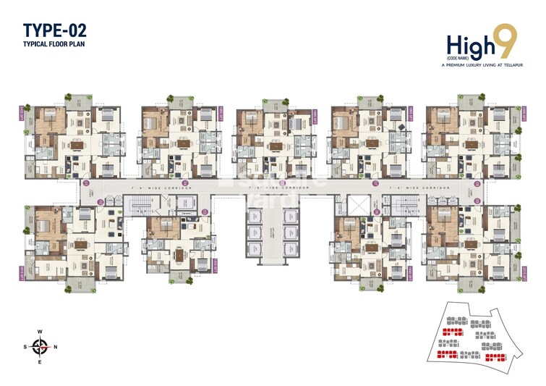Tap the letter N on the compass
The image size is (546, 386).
(x=56, y=346)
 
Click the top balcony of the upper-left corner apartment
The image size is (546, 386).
(x=78, y=98)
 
